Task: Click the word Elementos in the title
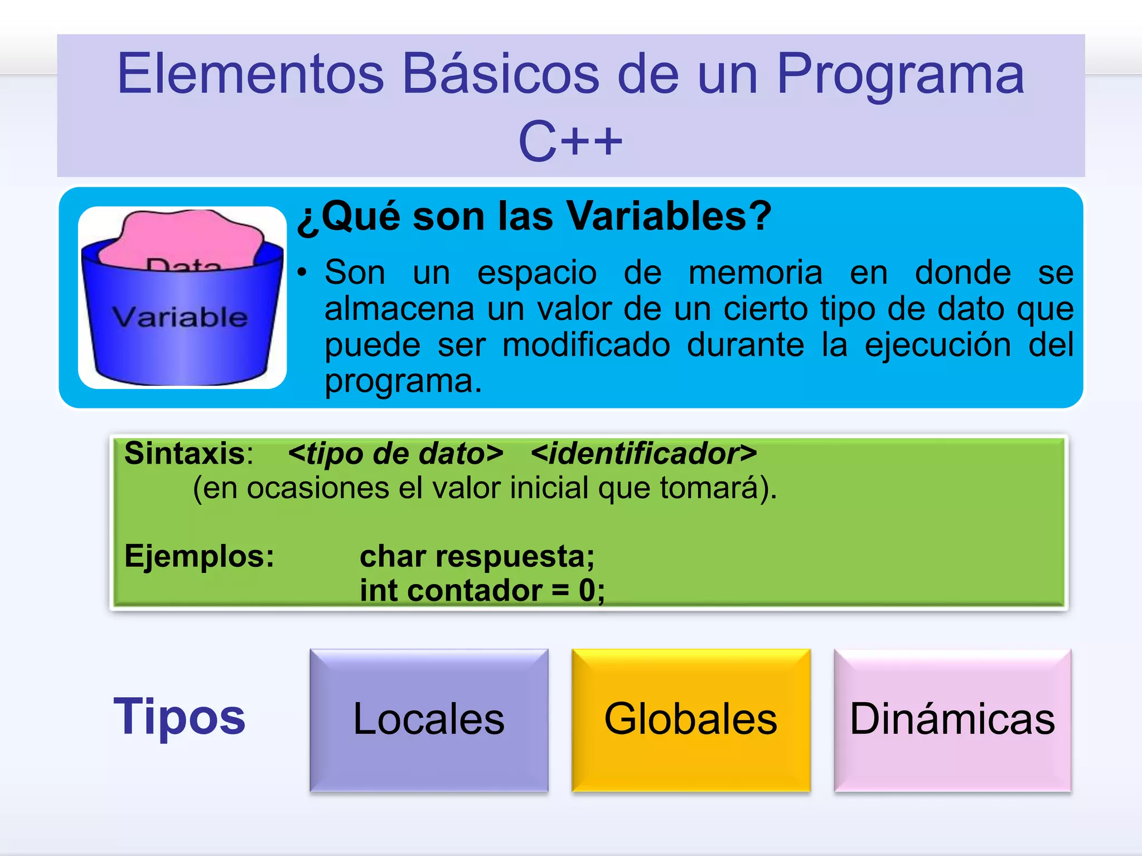click(x=250, y=74)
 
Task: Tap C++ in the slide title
click(x=570, y=142)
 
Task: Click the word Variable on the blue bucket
click(x=180, y=317)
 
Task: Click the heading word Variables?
click(x=669, y=216)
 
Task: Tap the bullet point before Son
click(x=302, y=273)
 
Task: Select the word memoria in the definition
click(x=755, y=273)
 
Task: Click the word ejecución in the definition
click(x=937, y=344)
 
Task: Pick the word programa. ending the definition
click(x=403, y=381)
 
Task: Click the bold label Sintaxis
click(x=184, y=453)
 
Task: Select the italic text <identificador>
click(x=643, y=453)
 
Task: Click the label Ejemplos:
click(x=199, y=556)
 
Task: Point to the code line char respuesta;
click(x=477, y=556)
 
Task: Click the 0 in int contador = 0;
click(x=587, y=591)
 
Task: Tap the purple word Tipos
click(x=179, y=717)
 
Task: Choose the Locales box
click(x=429, y=719)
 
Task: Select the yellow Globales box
click(x=690, y=719)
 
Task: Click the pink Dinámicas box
click(x=952, y=719)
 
